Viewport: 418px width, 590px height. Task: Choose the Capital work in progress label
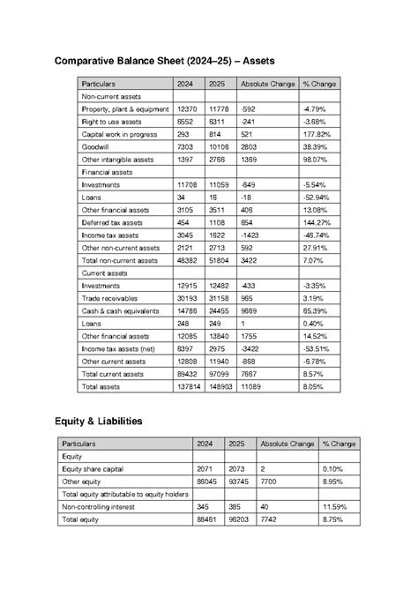[x=118, y=134]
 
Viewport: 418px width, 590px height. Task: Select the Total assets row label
[x=101, y=387]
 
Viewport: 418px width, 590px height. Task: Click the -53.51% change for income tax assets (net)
[x=315, y=349]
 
